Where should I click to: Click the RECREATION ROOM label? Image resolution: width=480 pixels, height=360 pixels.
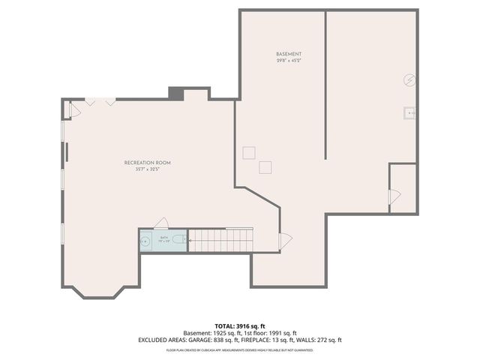(x=148, y=163)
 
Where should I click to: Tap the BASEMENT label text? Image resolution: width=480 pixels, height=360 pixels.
(x=289, y=55)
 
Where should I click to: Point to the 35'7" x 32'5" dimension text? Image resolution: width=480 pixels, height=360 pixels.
(x=148, y=169)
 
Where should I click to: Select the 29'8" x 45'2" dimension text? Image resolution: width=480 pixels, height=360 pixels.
(x=289, y=61)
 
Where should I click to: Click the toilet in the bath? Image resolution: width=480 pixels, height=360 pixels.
(x=178, y=240)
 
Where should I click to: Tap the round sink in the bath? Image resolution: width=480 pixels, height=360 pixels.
(x=145, y=241)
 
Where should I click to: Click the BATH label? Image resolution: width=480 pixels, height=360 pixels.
(x=164, y=237)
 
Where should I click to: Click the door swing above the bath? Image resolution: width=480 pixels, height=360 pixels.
(x=160, y=223)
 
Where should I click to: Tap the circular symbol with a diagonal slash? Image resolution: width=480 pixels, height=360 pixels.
(x=410, y=79)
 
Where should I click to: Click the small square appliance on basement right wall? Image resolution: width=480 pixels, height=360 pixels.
(x=410, y=113)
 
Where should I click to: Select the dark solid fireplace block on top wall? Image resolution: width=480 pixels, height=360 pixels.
(x=175, y=93)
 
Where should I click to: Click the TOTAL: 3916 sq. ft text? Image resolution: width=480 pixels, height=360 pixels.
(x=239, y=325)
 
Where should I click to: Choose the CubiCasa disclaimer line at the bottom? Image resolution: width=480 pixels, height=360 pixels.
(x=239, y=349)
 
